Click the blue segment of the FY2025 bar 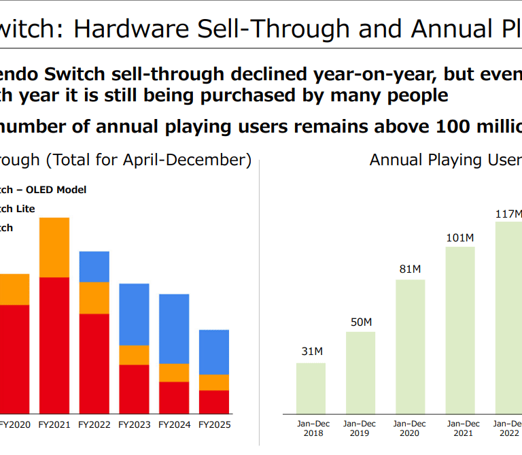[213, 352]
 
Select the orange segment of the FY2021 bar [54, 248]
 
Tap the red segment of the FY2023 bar [134, 389]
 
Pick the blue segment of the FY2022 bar [94, 267]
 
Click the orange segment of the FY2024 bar [174, 373]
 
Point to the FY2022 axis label [94, 425]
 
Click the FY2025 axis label [214, 425]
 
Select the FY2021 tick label [54, 425]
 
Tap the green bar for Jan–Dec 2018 [311, 388]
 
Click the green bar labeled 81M [410, 346]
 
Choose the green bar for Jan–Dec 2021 [460, 330]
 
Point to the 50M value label [360, 321]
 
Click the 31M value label [311, 352]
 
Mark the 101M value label [460, 237]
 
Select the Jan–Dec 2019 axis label [360, 428]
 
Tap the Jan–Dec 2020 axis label [411, 428]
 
